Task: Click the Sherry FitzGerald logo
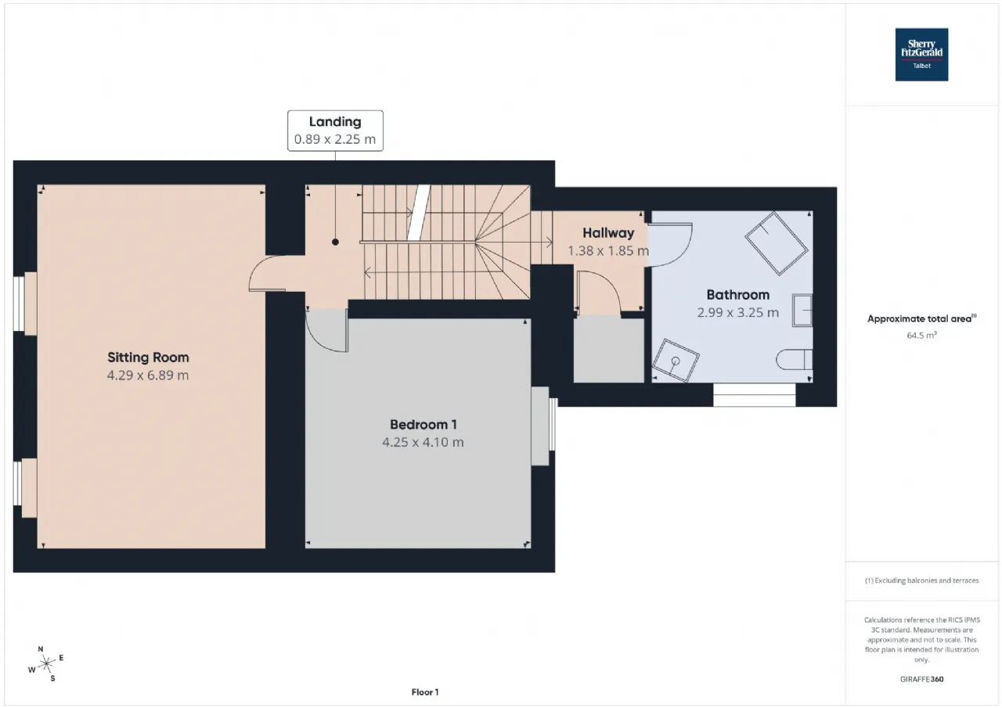[921, 55]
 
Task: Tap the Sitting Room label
[148, 357]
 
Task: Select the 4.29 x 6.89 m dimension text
[148, 375]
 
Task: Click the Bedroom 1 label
[424, 424]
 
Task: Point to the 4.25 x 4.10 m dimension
[424, 442]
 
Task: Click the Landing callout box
[335, 131]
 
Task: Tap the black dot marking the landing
[335, 242]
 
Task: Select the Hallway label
[608, 233]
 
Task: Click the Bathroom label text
[738, 295]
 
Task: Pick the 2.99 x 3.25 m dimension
[738, 312]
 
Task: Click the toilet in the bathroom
[795, 359]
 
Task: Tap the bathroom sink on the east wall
[802, 311]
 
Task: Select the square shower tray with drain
[676, 361]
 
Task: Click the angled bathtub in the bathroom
[777, 243]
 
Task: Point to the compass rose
[46, 663]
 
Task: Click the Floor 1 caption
[425, 692]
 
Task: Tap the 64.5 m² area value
[921, 336]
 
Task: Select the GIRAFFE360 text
[921, 679]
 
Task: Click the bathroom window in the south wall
[754, 394]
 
